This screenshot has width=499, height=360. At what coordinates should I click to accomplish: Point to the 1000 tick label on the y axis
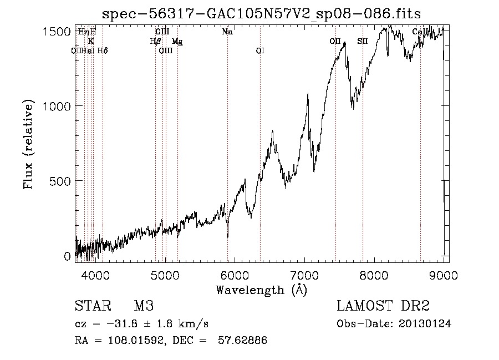pos(57,105)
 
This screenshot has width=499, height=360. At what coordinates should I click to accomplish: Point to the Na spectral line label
pos(227,32)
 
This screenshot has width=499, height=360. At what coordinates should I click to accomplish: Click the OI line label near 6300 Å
pos(260,51)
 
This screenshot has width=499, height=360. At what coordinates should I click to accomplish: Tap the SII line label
pos(362,42)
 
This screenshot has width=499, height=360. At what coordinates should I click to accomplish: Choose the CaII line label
pos(420,32)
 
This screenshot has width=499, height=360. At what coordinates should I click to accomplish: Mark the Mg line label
pos(177,42)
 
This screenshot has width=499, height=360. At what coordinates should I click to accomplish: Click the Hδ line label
pos(103,51)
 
